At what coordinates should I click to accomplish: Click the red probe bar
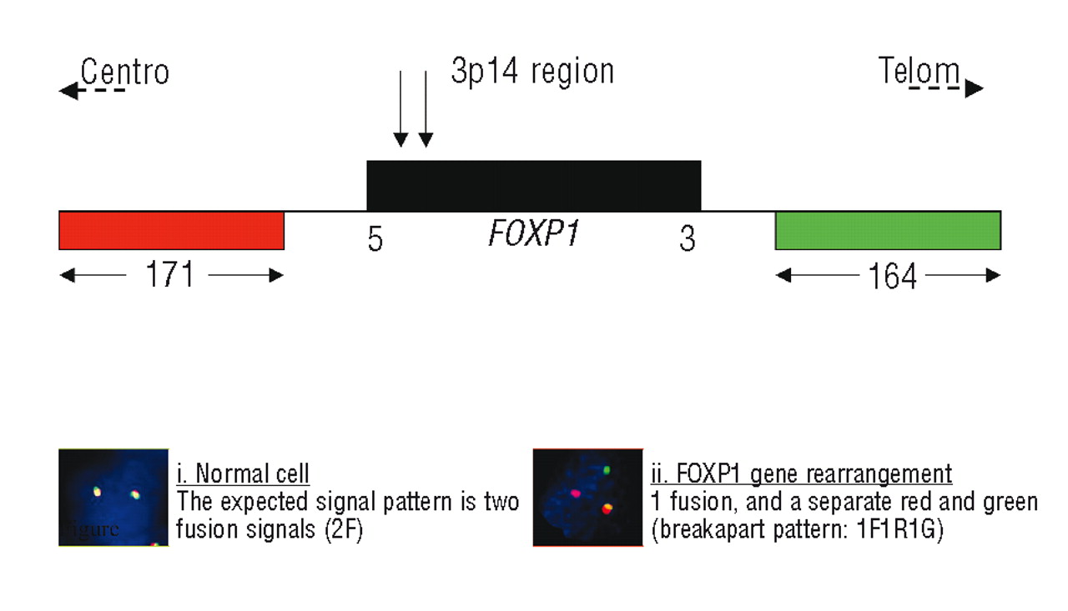coord(171,230)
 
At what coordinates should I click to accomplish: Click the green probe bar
coord(888,230)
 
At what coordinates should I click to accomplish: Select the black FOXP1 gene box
coord(533,185)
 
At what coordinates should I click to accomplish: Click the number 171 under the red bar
coord(169,275)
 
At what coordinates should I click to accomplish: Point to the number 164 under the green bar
coord(892,277)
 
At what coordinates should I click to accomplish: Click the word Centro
coord(125,73)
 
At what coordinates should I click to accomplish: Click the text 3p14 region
coord(532,73)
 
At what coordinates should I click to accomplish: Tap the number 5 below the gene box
coord(375,240)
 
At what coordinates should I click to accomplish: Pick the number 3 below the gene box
coord(687,240)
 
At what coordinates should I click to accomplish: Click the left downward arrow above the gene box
coord(401,108)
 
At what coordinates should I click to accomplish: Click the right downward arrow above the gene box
coord(426,108)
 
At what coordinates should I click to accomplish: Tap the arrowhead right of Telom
coord(975,89)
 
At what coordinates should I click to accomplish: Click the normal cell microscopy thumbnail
coord(113,498)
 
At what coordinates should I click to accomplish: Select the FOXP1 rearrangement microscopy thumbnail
coord(587,498)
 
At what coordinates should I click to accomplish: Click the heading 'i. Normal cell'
coord(243,475)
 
